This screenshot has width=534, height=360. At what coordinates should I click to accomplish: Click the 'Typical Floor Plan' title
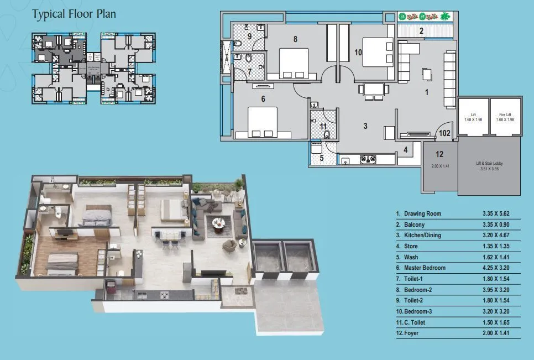[x=74, y=14]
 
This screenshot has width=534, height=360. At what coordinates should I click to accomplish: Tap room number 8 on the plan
[x=295, y=39]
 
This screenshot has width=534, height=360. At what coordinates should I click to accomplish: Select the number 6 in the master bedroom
[x=263, y=99]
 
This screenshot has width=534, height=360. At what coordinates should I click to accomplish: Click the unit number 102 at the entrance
[x=444, y=133]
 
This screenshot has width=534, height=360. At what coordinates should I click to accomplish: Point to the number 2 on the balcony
[x=421, y=32]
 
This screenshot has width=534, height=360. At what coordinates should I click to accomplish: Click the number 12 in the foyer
[x=439, y=154]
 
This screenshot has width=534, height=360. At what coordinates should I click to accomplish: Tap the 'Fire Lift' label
[x=505, y=114]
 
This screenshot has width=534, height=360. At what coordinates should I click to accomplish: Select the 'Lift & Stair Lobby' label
[x=489, y=164]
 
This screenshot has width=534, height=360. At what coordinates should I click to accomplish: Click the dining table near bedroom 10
[x=373, y=89]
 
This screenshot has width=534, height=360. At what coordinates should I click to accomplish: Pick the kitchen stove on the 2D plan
[x=369, y=159]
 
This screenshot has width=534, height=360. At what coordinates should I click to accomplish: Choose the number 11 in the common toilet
[x=323, y=127]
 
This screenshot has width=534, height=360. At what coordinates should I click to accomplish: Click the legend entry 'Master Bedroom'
[x=425, y=268]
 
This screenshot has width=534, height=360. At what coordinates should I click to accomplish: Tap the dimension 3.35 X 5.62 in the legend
[x=497, y=213]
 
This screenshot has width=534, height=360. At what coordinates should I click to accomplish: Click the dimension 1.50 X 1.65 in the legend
[x=497, y=322]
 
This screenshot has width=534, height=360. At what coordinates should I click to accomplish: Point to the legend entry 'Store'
[x=411, y=246]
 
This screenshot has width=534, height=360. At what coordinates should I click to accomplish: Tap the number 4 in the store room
[x=405, y=150]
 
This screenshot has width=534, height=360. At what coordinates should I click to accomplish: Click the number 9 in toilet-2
[x=249, y=37]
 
